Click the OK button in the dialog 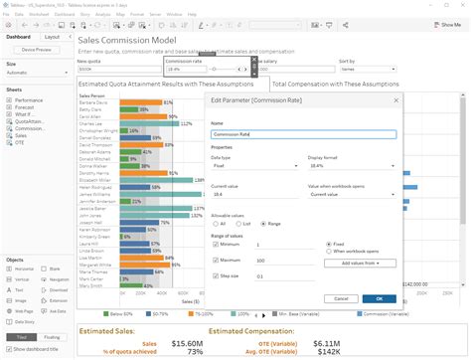coord(379,298)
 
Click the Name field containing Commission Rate coord(303,133)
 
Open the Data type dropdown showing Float coord(253,166)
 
